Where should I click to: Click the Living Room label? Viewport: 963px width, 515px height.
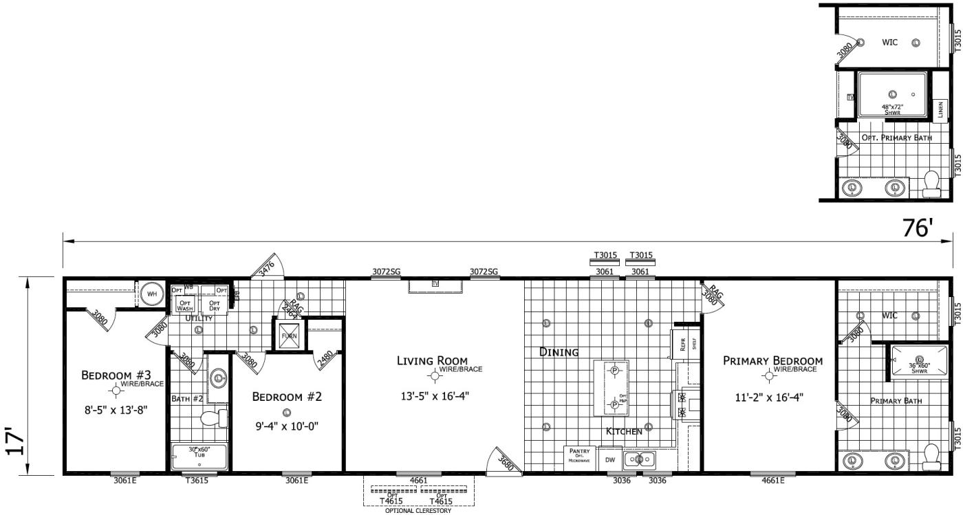(x=432, y=360)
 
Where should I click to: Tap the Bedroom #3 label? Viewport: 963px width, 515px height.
(x=116, y=375)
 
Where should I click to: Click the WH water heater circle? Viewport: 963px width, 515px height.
(x=151, y=294)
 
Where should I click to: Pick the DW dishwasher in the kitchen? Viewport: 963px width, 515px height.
(x=609, y=459)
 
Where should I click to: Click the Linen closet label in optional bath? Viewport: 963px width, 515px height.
(x=940, y=110)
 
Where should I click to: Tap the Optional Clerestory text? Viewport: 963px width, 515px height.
(x=415, y=510)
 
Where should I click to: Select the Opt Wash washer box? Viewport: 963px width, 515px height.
(x=185, y=305)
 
